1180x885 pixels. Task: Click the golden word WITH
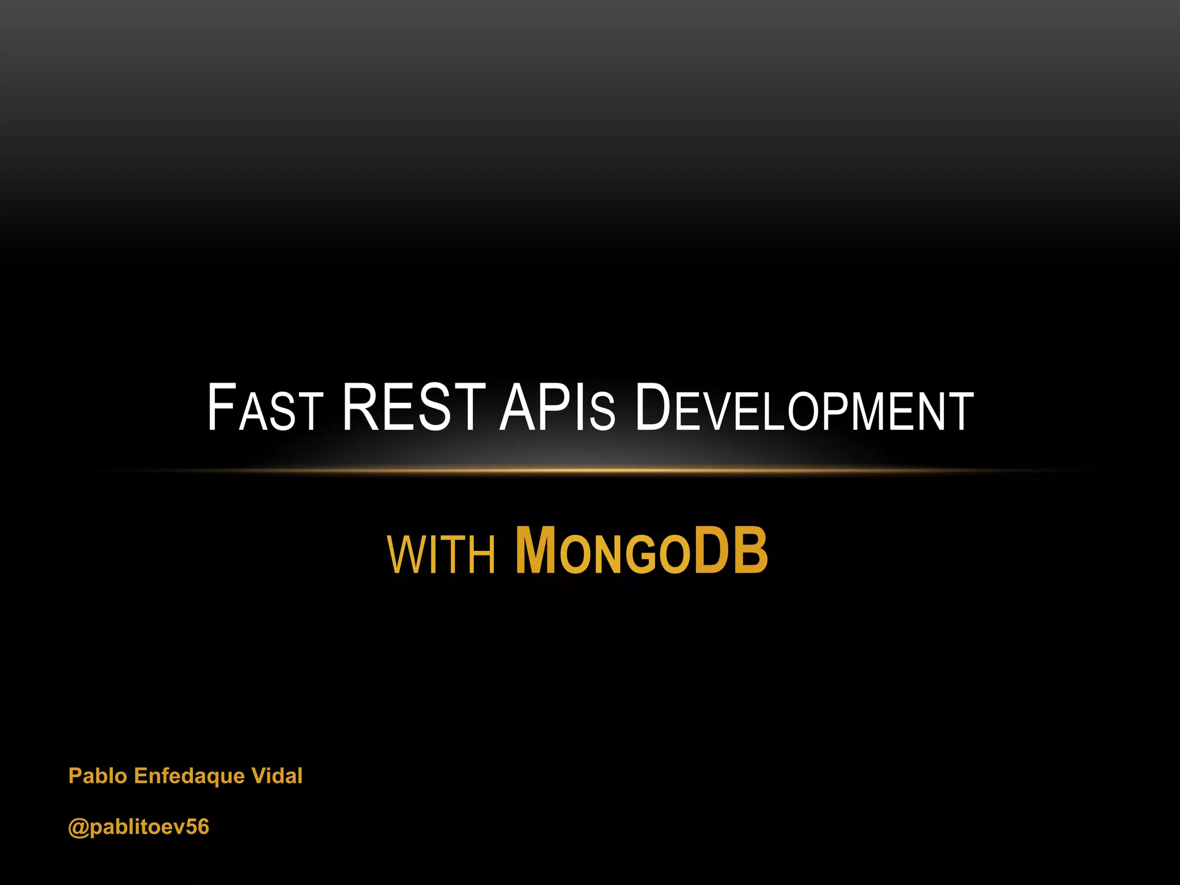[x=441, y=554]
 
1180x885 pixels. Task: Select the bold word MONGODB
[x=641, y=551]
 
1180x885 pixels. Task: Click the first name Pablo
[x=97, y=776]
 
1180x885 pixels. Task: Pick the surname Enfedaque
[x=189, y=776]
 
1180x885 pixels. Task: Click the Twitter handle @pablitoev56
[x=138, y=827]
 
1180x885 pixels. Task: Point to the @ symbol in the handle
[x=78, y=827]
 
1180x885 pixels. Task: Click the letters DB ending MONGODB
[x=731, y=551]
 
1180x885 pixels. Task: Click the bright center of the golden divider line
[x=590, y=471]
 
